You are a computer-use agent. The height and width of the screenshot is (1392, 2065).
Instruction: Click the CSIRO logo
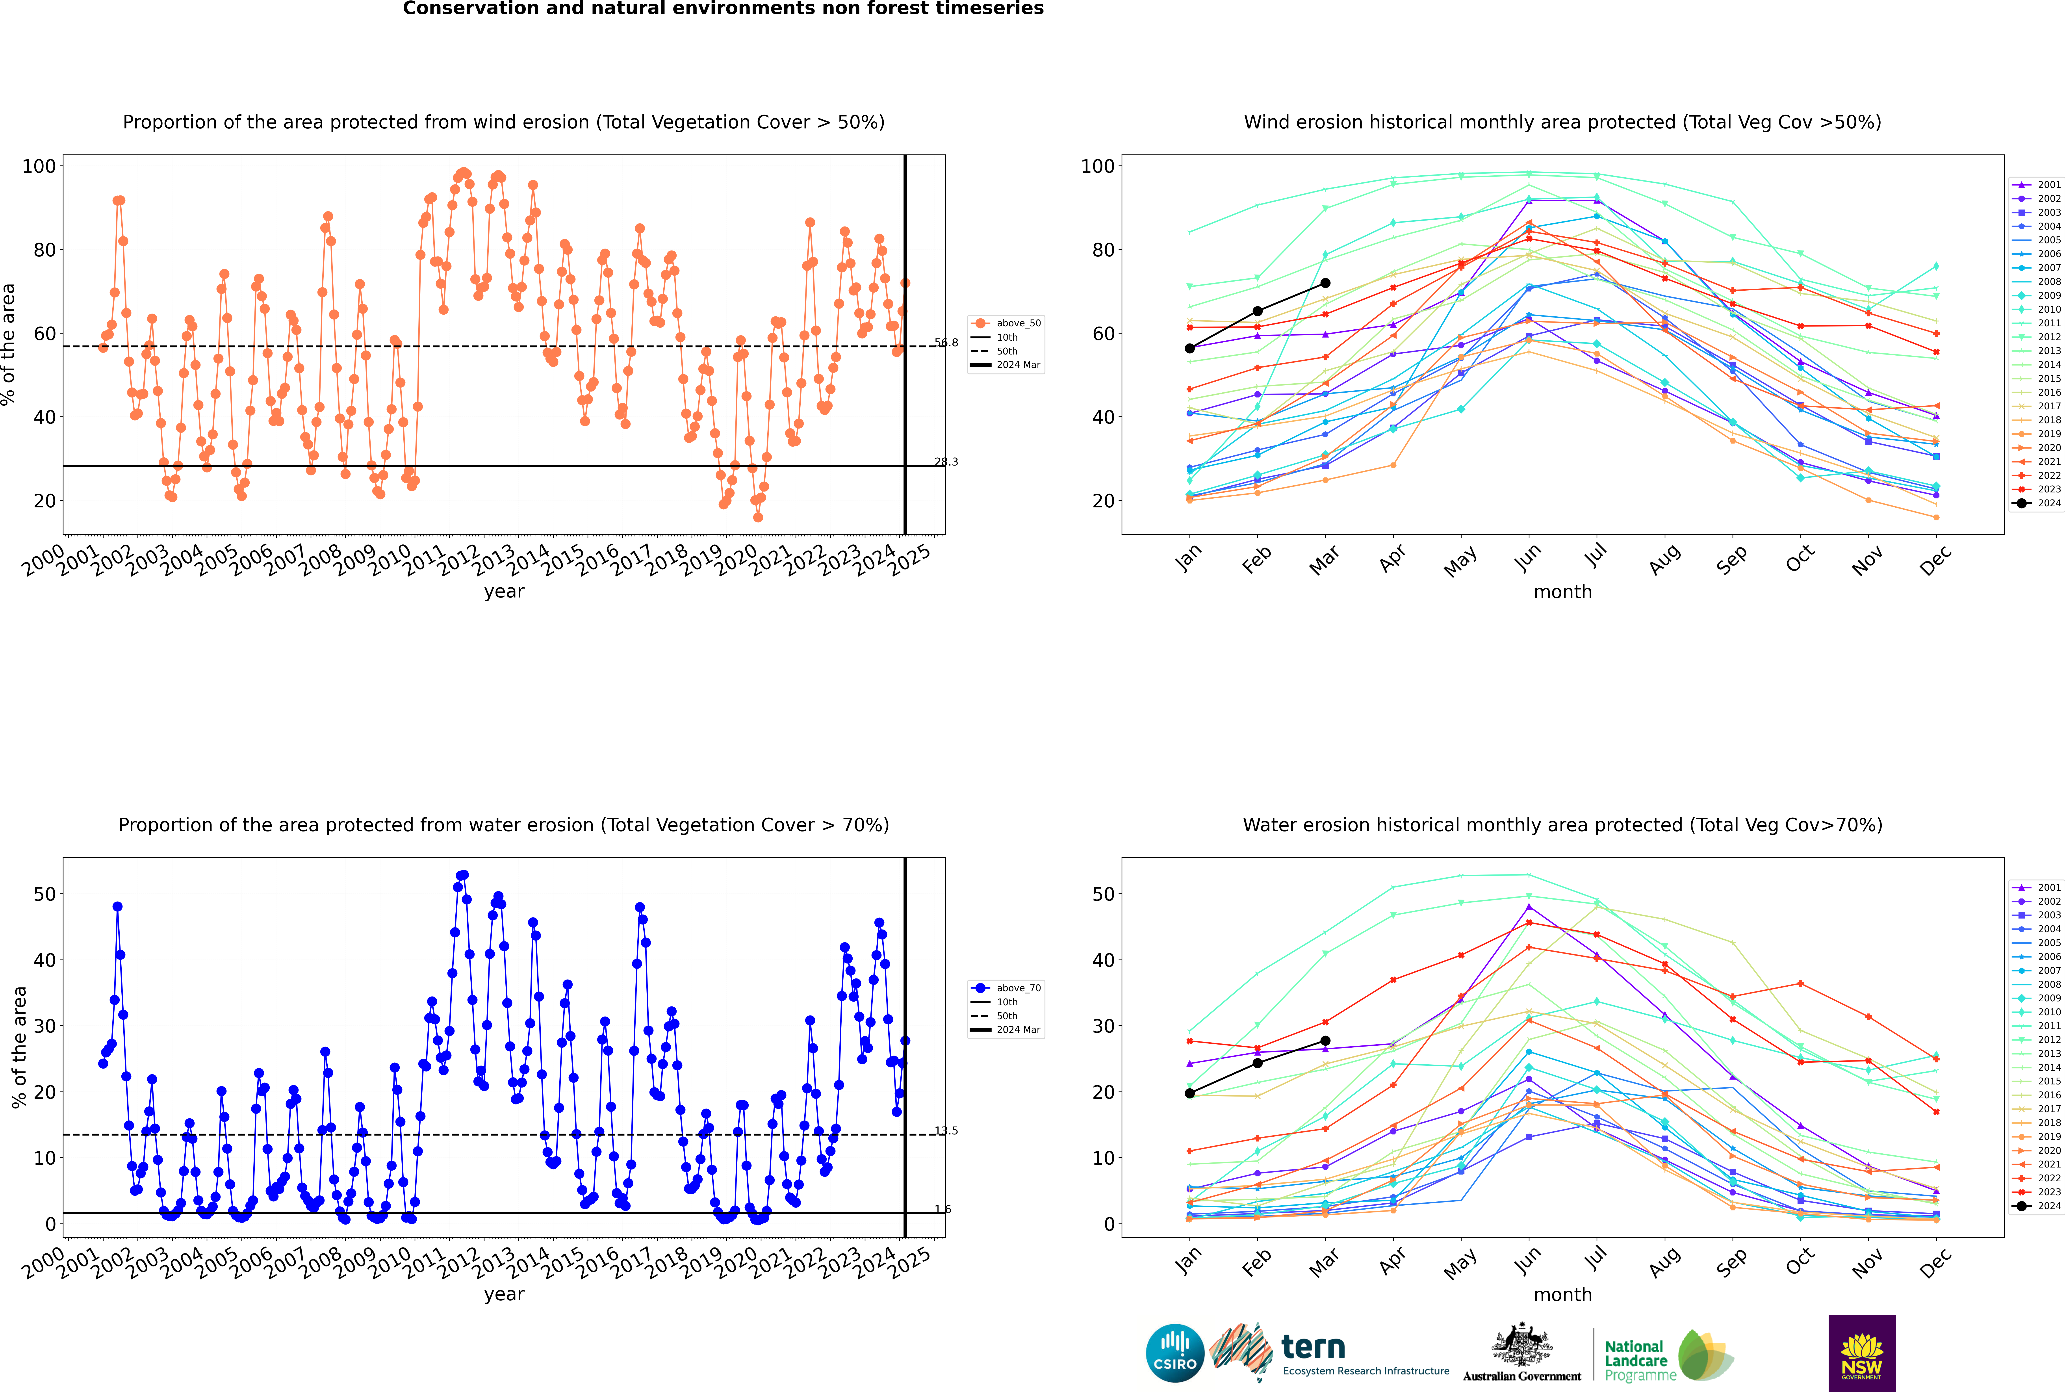click(1174, 1354)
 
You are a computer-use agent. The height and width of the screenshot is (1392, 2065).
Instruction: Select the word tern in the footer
click(1313, 1348)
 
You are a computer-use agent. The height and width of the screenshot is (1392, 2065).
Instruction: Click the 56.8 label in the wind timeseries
click(946, 343)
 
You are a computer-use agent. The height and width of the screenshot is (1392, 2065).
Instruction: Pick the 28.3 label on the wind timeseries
click(946, 462)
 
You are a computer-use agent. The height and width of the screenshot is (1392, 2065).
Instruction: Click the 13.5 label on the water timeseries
click(946, 1131)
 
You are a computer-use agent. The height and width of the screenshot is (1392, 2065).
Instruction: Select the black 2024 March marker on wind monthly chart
click(1325, 283)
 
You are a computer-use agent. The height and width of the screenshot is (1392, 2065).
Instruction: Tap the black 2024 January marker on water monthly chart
click(1190, 1094)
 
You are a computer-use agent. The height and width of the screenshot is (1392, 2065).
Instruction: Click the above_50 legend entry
click(1017, 323)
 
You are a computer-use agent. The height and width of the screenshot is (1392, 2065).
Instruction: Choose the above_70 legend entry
click(1017, 988)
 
